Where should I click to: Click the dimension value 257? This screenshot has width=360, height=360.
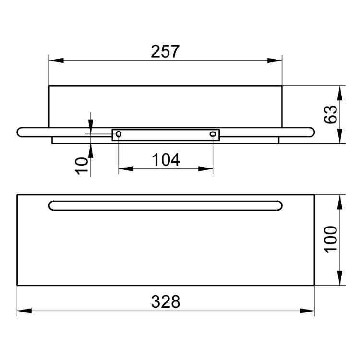tap(165, 52)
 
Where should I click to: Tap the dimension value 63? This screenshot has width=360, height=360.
tap(331, 115)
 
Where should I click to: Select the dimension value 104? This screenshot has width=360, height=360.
tap(166, 160)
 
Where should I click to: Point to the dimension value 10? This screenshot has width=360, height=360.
tap(82, 166)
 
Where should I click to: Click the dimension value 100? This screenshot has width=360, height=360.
tap(331, 240)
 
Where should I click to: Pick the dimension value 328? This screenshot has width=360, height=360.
tap(166, 301)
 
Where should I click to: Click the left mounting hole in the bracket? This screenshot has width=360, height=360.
tap(119, 134)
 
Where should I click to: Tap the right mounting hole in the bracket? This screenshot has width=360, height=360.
tap(213, 134)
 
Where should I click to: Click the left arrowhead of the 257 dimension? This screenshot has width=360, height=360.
tap(56, 60)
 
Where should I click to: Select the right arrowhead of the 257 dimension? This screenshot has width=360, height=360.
tap(275, 60)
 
